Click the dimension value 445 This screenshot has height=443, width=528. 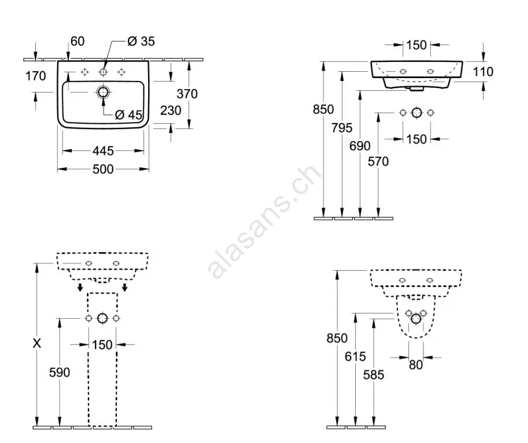point(103,151)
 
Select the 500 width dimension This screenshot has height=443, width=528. point(103,169)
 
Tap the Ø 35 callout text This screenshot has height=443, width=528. point(141,42)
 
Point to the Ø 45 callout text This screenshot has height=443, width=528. point(128,115)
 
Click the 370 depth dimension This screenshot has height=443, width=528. point(187,94)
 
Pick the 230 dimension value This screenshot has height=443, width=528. point(171,110)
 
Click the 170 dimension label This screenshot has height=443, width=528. point(36,76)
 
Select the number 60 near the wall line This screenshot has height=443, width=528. point(77,42)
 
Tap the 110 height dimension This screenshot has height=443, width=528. point(483,72)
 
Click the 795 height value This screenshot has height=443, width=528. point(342,128)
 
